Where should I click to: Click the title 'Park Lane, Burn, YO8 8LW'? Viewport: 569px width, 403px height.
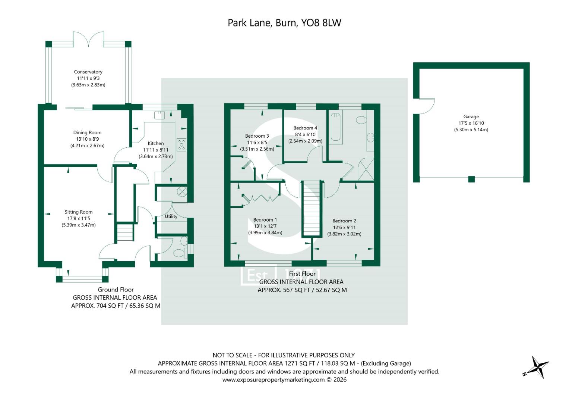284,23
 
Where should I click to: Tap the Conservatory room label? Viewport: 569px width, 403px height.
88,72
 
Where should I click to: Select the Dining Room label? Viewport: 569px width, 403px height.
87,132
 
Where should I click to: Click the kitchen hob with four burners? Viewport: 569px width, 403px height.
181,144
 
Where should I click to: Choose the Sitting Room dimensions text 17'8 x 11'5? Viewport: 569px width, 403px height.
78,219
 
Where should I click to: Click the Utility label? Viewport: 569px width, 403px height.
171,216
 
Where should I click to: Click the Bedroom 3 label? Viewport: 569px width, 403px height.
257,136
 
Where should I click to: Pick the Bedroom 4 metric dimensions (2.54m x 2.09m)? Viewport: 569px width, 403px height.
305,141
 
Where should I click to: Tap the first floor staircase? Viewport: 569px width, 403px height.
312,209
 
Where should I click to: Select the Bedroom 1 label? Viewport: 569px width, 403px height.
265,220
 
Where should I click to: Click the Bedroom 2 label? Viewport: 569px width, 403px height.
344,221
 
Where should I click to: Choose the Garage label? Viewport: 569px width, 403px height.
471,117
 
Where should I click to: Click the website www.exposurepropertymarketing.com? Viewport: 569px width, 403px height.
274,380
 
